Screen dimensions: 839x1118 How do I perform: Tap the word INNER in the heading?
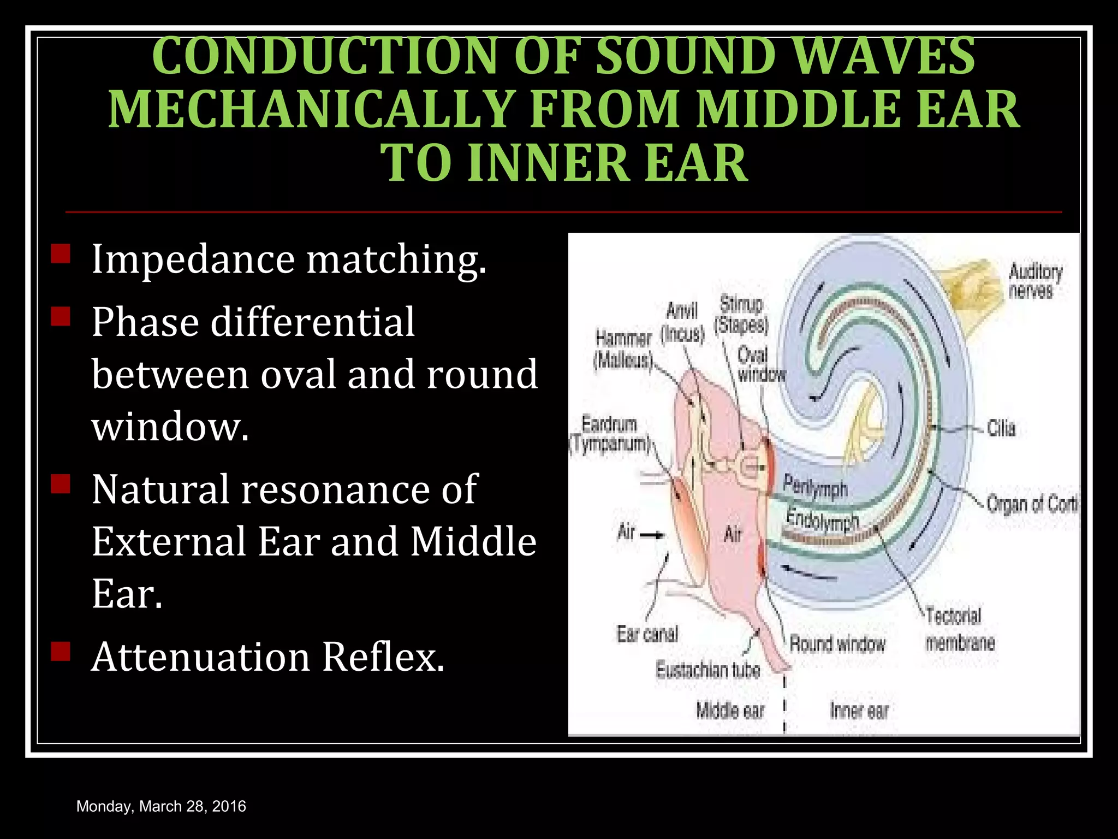click(x=550, y=163)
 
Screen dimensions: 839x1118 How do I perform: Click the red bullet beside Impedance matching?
click(x=60, y=254)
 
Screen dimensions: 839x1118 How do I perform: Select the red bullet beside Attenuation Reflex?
click(x=60, y=651)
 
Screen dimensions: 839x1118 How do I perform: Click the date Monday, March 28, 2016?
click(x=161, y=806)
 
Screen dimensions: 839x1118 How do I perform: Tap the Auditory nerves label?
click(x=1034, y=281)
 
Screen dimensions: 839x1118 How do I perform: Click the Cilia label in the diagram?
click(x=1001, y=428)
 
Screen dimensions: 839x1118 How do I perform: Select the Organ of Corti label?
click(x=1032, y=504)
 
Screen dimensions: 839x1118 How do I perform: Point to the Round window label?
click(x=837, y=644)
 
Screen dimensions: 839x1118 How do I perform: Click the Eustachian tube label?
click(x=707, y=670)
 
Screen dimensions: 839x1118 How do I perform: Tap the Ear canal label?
click(x=647, y=634)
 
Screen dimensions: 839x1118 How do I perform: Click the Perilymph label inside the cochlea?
click(x=815, y=486)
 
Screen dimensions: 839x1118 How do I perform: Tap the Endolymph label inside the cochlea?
click(x=822, y=519)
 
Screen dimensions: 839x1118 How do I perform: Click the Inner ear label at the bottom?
click(x=859, y=711)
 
